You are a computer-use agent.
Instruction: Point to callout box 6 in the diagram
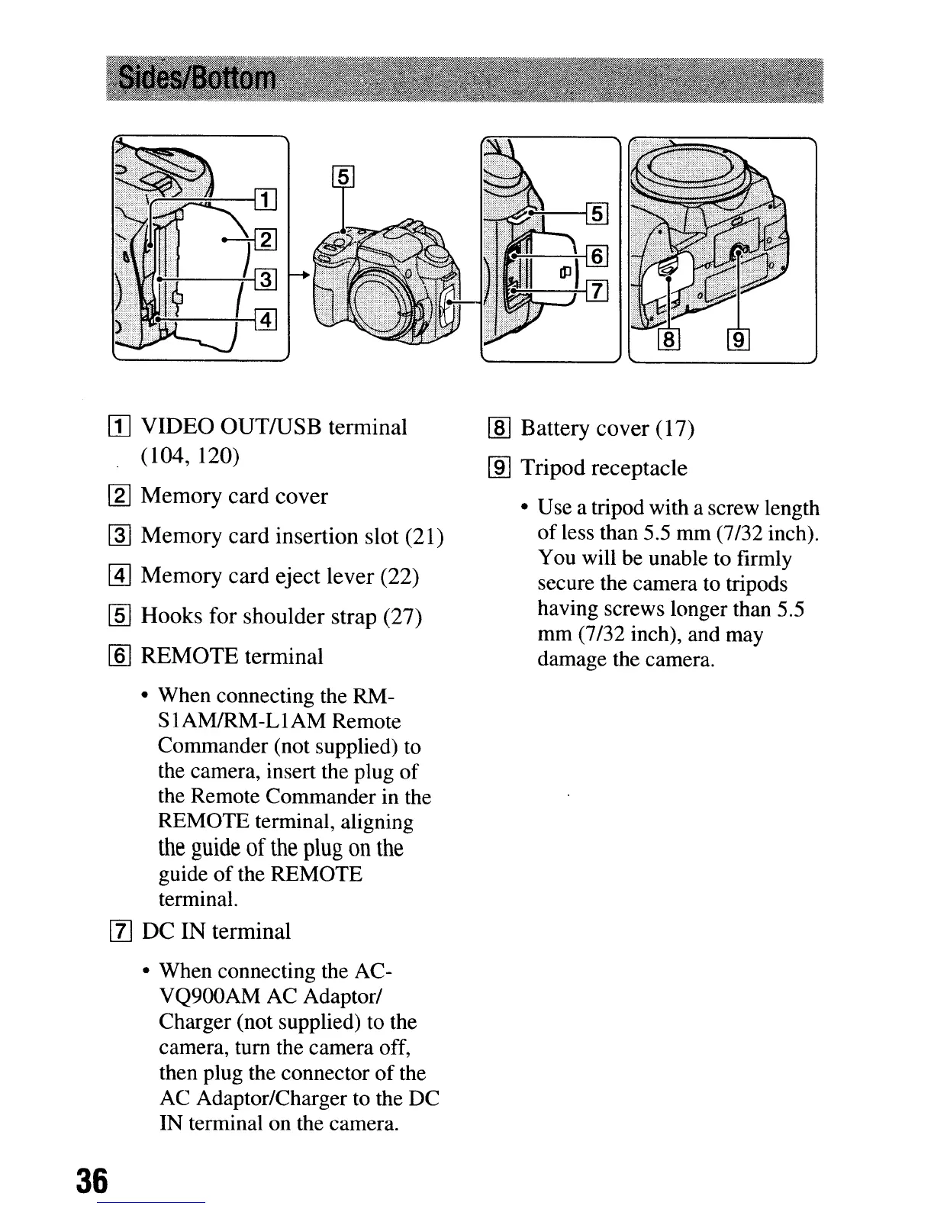(597, 256)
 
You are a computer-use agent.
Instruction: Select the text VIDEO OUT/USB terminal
(274, 427)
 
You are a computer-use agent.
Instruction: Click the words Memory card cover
(234, 496)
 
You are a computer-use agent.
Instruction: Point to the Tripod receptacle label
(604, 468)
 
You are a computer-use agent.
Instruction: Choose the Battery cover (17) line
(607, 429)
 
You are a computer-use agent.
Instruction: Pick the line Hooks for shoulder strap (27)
(282, 616)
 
